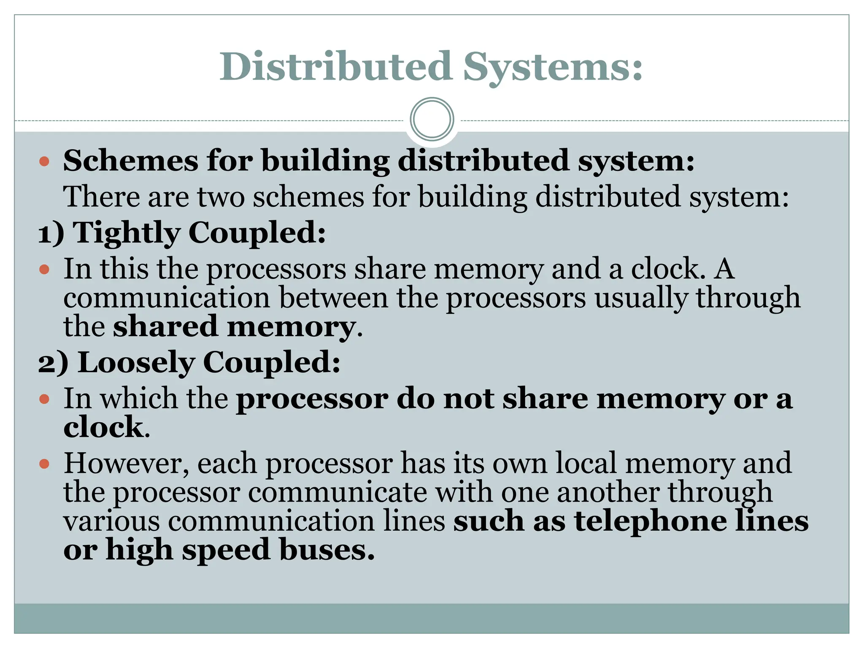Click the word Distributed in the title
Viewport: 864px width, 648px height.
[335, 67]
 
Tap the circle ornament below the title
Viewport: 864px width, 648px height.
[432, 119]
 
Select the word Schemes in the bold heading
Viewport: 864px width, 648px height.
[130, 161]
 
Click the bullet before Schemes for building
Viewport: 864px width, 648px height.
[44, 161]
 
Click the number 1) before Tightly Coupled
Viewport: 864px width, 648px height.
[51, 233]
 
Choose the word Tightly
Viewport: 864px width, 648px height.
[127, 233]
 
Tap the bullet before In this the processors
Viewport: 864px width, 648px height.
[44, 269]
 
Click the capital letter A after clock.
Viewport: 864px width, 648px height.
[724, 269]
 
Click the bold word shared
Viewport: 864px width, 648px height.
[165, 327]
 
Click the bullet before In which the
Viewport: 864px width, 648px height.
[44, 399]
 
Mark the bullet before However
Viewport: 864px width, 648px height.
[44, 464]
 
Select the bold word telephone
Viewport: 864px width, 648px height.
[650, 521]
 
